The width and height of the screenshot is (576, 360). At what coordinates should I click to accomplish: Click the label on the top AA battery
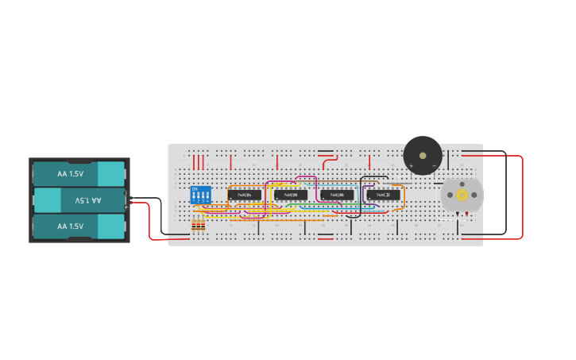[70, 173]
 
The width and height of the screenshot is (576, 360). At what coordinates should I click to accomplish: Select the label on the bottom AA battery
[70, 226]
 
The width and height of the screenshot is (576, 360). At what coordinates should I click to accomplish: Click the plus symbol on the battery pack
[126, 207]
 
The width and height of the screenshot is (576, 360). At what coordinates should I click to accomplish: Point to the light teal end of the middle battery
[48, 200]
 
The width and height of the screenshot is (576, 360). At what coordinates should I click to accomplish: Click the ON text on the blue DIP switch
[195, 189]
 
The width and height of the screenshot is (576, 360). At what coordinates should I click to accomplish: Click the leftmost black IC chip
[245, 195]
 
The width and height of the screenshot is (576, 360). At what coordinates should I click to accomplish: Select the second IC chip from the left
[291, 195]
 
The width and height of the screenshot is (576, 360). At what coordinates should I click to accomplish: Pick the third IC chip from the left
[337, 195]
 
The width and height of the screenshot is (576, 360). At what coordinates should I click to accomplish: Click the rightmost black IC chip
[383, 195]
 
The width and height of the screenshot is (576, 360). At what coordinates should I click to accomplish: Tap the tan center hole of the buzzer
[423, 156]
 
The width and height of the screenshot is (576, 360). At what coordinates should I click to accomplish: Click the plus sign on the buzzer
[412, 166]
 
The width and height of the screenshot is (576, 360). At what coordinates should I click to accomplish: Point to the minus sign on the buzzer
[434, 166]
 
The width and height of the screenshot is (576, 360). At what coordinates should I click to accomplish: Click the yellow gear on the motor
[462, 195]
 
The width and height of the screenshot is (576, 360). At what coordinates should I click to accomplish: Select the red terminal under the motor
[467, 215]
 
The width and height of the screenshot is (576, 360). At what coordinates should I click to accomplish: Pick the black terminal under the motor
[457, 215]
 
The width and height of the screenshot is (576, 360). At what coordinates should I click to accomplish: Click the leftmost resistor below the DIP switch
[195, 226]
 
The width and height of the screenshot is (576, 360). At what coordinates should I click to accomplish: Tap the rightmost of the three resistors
[203, 226]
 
